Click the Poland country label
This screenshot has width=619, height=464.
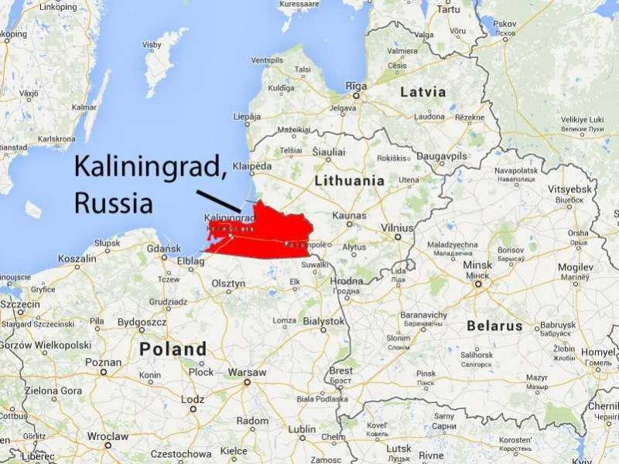pos(173,349)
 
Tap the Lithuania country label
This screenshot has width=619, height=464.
pos(349,180)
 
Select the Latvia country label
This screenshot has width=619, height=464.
pos(422,92)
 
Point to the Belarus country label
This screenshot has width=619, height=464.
pos(494,326)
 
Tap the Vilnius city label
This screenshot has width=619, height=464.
pos(396,228)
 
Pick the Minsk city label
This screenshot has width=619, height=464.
pos(477,265)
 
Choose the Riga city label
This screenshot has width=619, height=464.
pos(357,86)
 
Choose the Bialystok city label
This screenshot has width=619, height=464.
pos(323,320)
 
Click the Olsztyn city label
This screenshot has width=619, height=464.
pos(229,284)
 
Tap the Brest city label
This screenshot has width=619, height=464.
pos(341,371)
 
